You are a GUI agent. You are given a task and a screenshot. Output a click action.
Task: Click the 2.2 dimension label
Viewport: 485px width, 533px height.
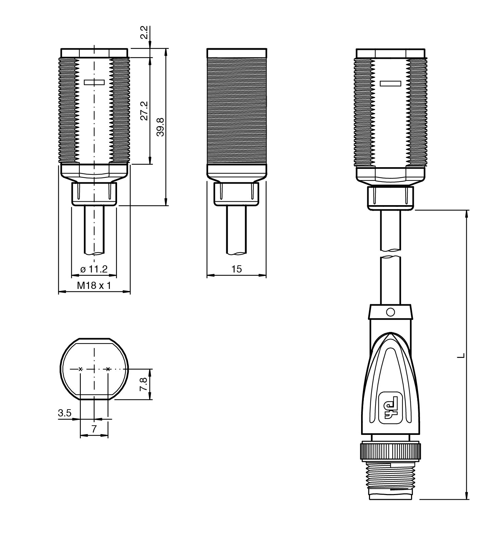click(145, 33)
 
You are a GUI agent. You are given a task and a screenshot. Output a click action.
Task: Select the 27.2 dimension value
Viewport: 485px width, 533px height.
click(144, 110)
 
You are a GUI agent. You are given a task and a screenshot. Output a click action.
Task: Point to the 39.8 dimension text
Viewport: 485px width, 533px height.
click(160, 127)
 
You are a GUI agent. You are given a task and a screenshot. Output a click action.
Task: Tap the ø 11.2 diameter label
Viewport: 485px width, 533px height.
click(94, 269)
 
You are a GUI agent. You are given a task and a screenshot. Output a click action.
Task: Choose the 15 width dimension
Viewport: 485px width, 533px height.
click(237, 269)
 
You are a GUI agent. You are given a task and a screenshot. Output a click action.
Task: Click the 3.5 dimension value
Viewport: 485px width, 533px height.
click(64, 413)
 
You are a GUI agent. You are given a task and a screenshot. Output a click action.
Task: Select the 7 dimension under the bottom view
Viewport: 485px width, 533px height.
click(94, 429)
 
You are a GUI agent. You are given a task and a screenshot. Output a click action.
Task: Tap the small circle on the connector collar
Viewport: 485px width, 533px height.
click(390, 312)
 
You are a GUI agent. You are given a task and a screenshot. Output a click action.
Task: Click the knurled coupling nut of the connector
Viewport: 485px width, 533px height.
click(390, 451)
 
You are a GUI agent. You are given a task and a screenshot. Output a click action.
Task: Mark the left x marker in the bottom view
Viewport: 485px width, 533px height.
click(80, 369)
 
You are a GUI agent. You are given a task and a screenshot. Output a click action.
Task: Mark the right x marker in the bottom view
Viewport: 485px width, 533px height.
click(108, 369)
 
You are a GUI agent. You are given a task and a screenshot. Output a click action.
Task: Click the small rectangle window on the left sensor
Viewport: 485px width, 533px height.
click(94, 82)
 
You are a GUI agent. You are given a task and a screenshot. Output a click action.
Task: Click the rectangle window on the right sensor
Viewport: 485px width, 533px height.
click(391, 83)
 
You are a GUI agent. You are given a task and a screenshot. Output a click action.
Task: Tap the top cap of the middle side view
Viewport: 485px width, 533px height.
click(237, 53)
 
